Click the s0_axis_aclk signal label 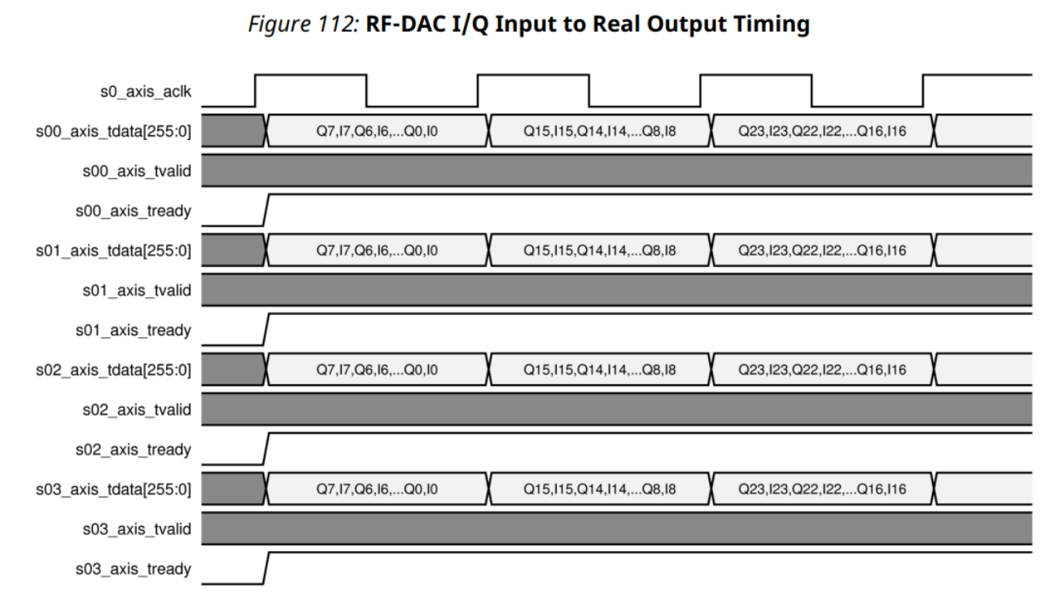click(x=145, y=91)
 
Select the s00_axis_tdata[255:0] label click(x=114, y=131)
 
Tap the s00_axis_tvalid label click(x=137, y=171)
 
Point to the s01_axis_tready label click(x=133, y=330)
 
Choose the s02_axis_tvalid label click(x=137, y=409)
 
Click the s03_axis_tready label click(x=133, y=569)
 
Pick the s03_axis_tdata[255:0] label click(x=114, y=489)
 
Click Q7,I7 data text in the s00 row click(x=377, y=131)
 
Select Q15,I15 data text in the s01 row click(x=600, y=251)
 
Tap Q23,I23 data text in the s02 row click(x=822, y=370)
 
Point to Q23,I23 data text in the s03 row click(x=822, y=489)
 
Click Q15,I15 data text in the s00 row click(x=600, y=131)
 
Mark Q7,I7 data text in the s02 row click(x=377, y=370)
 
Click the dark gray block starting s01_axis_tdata click(x=233, y=251)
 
